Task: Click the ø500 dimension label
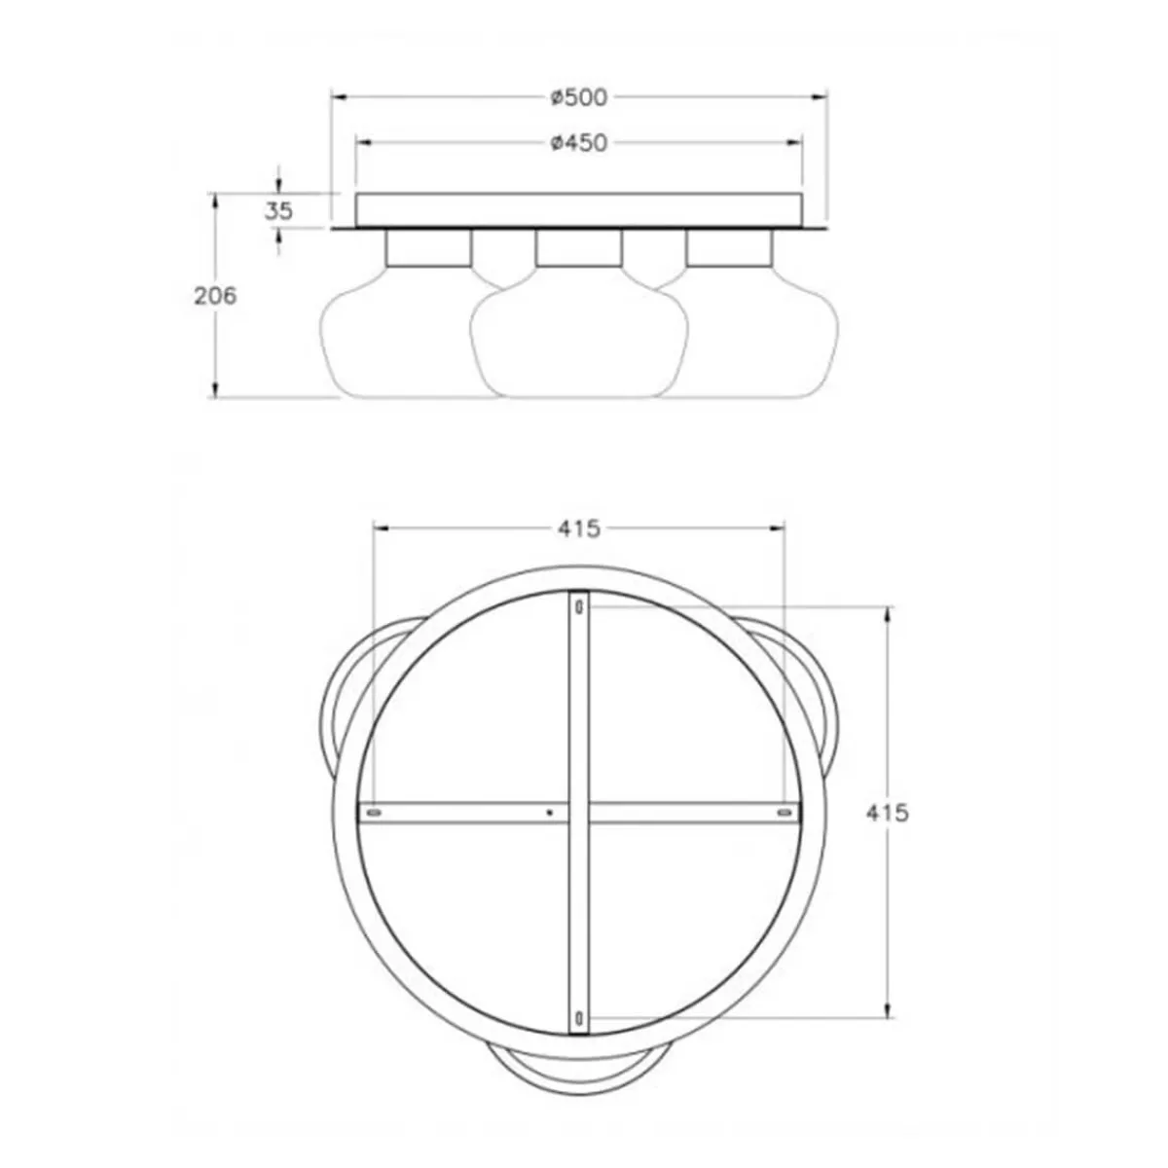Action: coord(578,96)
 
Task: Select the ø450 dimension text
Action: coord(578,143)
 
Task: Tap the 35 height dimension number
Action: coord(278,210)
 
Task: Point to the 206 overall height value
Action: coord(215,296)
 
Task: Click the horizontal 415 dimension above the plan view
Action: coord(579,529)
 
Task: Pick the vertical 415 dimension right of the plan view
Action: coord(887,812)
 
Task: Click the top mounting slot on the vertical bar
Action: coord(579,607)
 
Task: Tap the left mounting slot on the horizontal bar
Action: coord(372,810)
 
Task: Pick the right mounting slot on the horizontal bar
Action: coord(785,810)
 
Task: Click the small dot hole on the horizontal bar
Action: coord(550,810)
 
